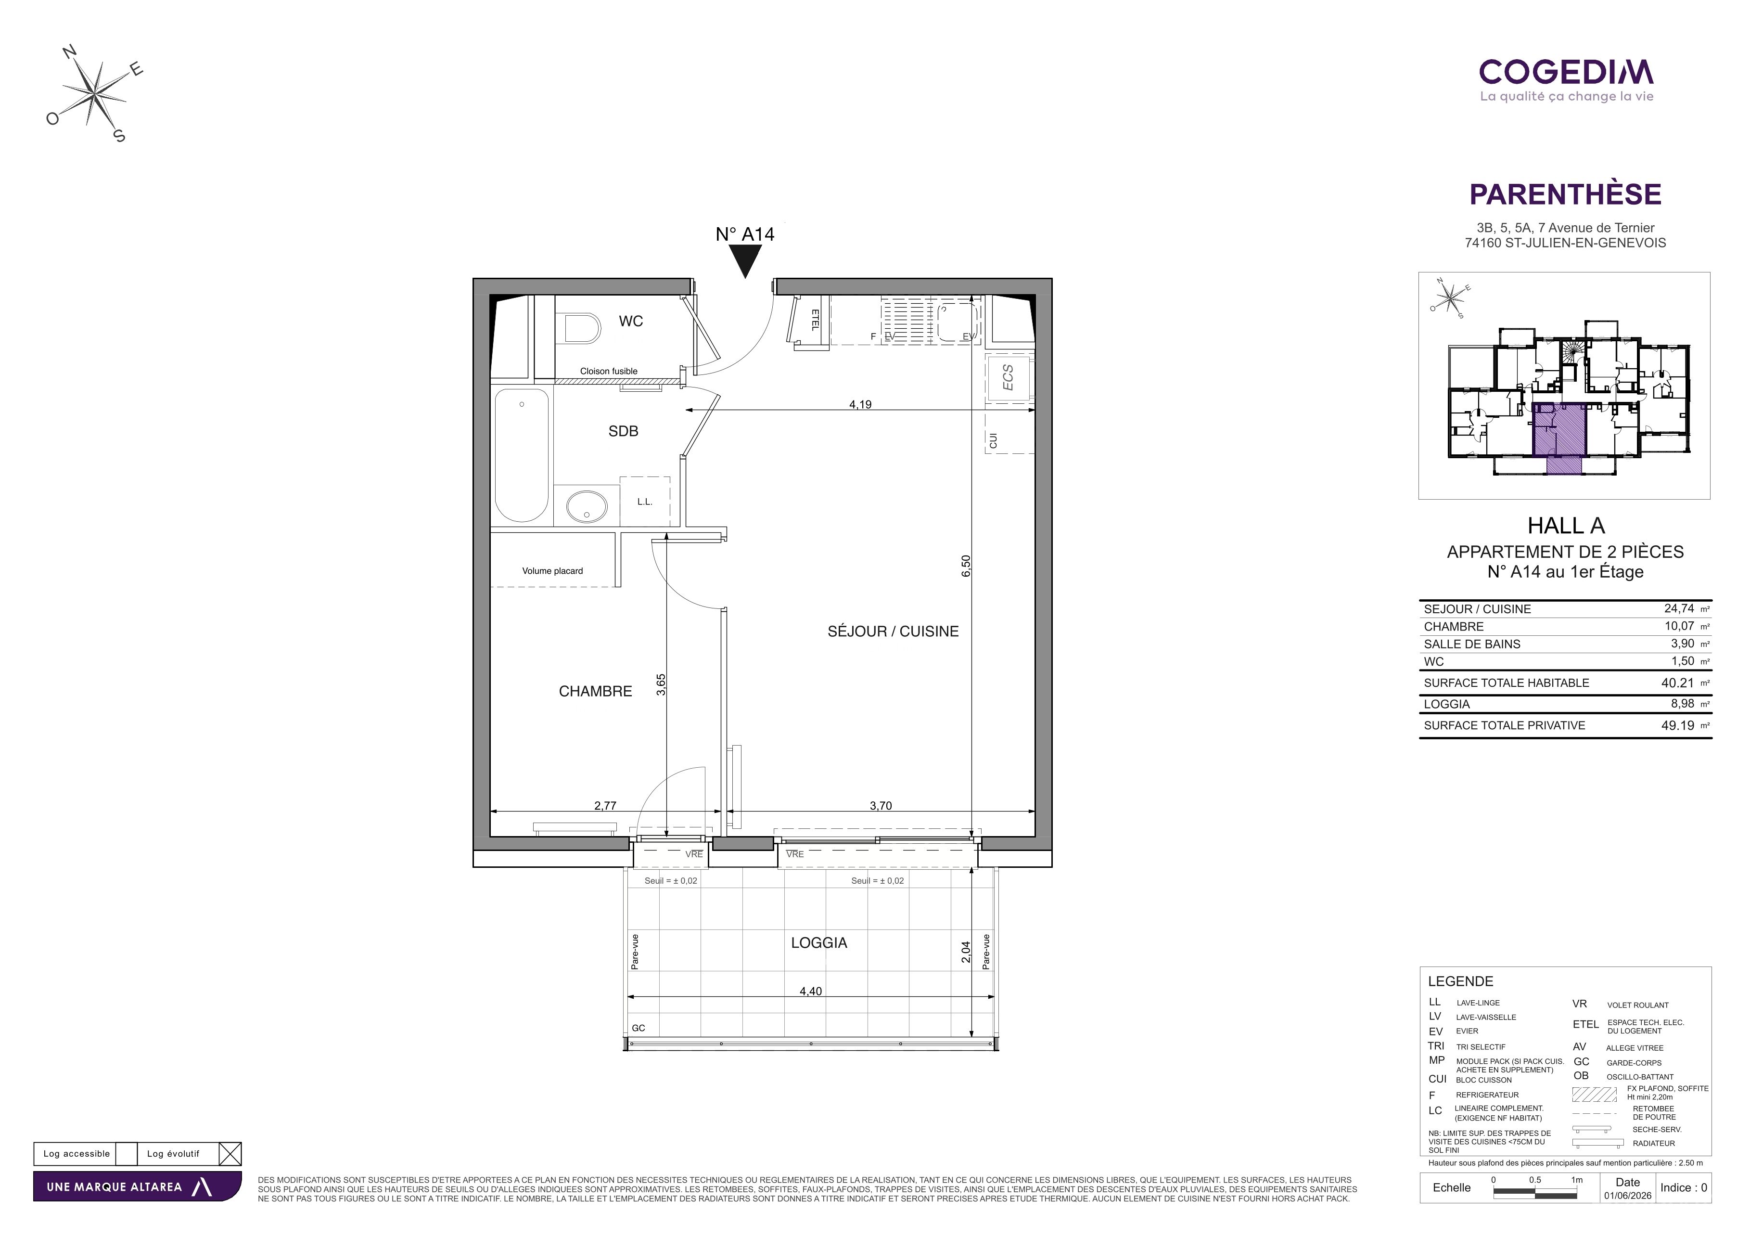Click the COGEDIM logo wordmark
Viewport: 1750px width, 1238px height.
1566,72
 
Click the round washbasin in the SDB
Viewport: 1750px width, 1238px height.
587,507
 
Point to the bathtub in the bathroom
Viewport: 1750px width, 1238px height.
522,455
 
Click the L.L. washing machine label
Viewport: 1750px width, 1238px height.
645,502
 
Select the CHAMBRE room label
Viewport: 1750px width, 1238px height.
595,691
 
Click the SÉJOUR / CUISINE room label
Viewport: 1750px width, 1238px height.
894,631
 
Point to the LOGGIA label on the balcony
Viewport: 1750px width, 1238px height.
819,943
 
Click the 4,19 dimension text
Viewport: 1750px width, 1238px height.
860,405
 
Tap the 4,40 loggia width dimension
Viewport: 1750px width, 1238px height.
811,991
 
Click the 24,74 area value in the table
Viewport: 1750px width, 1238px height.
1679,608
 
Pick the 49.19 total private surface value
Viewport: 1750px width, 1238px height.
1678,726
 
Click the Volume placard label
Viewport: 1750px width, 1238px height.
552,571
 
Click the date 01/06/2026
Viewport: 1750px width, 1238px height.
1628,1195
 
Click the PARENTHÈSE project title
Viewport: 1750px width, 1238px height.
1566,194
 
